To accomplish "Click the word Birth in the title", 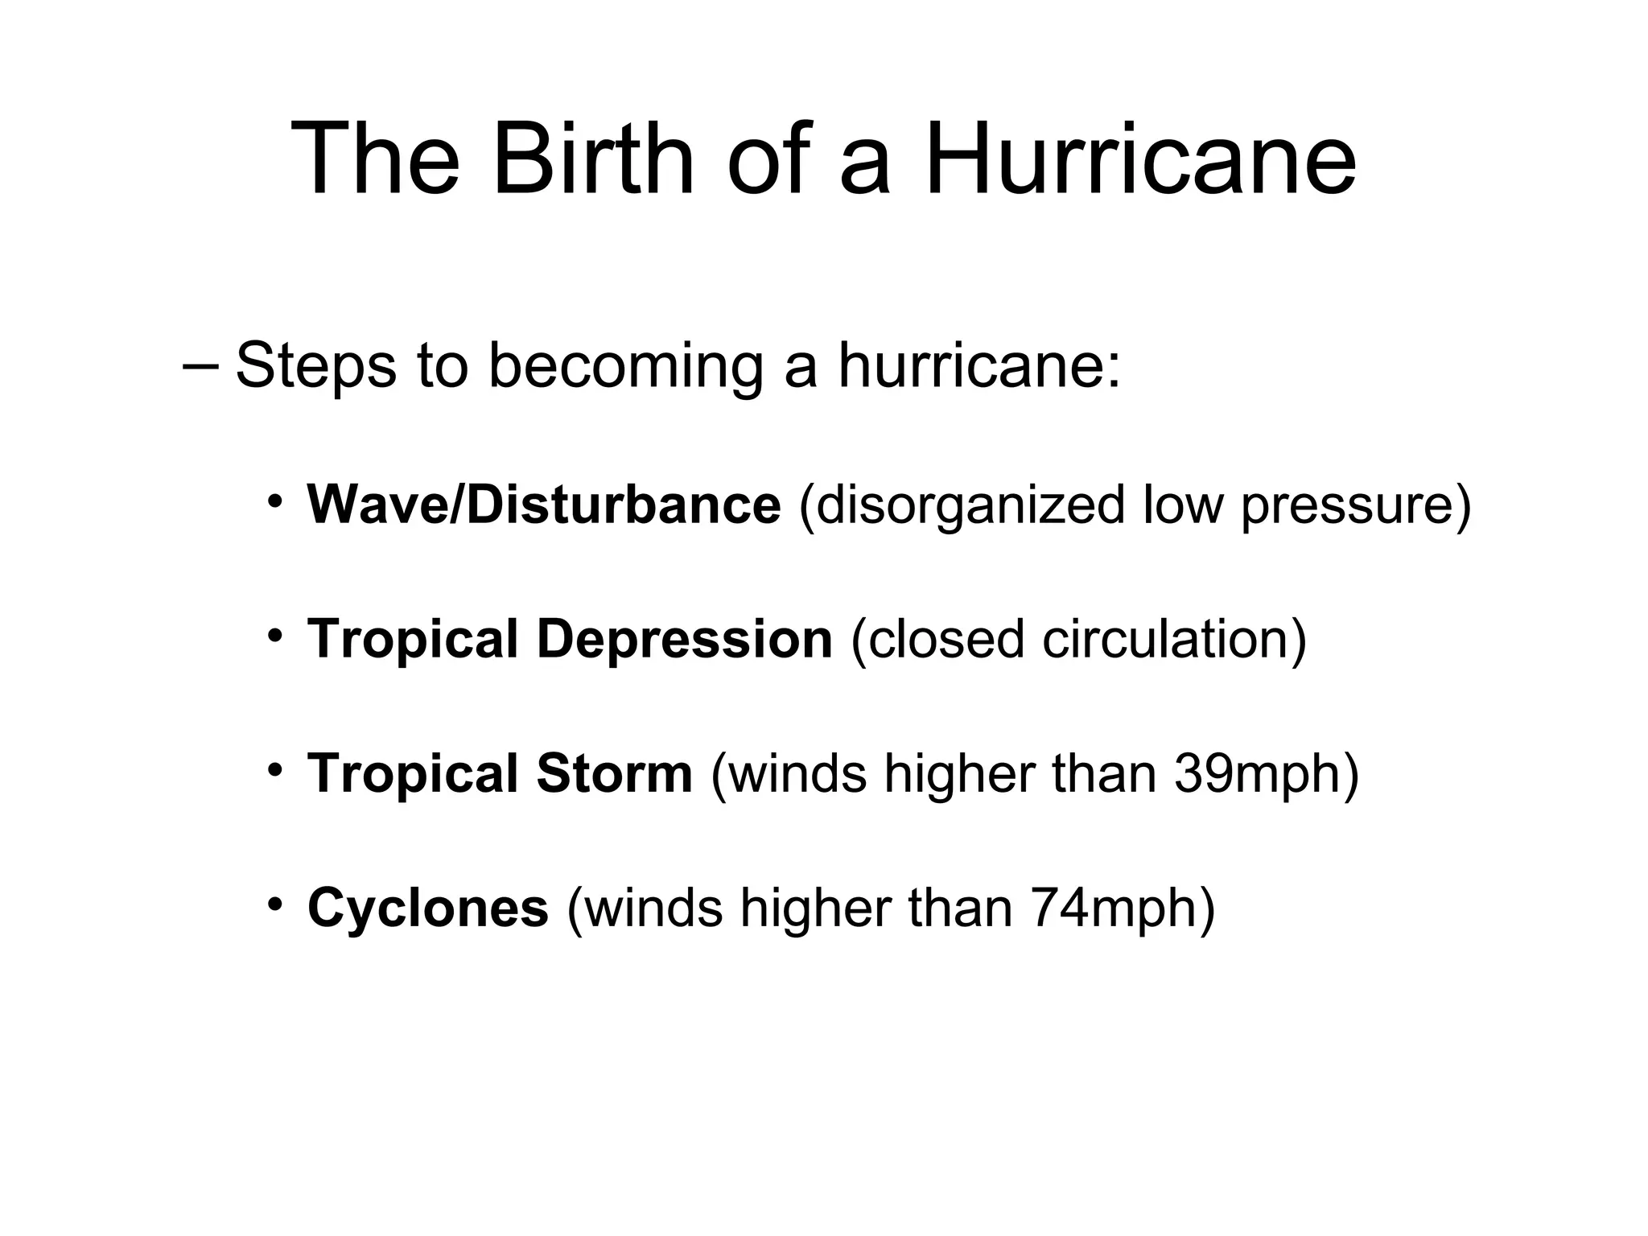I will click(x=593, y=159).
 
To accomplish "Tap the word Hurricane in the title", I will click(x=1141, y=159).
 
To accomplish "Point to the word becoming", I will click(x=625, y=366).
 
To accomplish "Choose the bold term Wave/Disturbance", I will click(x=544, y=505).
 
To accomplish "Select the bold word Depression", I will click(x=684, y=639).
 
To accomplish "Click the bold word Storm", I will click(x=614, y=773).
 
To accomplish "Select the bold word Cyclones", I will click(x=428, y=908).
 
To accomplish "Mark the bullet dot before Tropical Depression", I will click(x=275, y=637).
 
